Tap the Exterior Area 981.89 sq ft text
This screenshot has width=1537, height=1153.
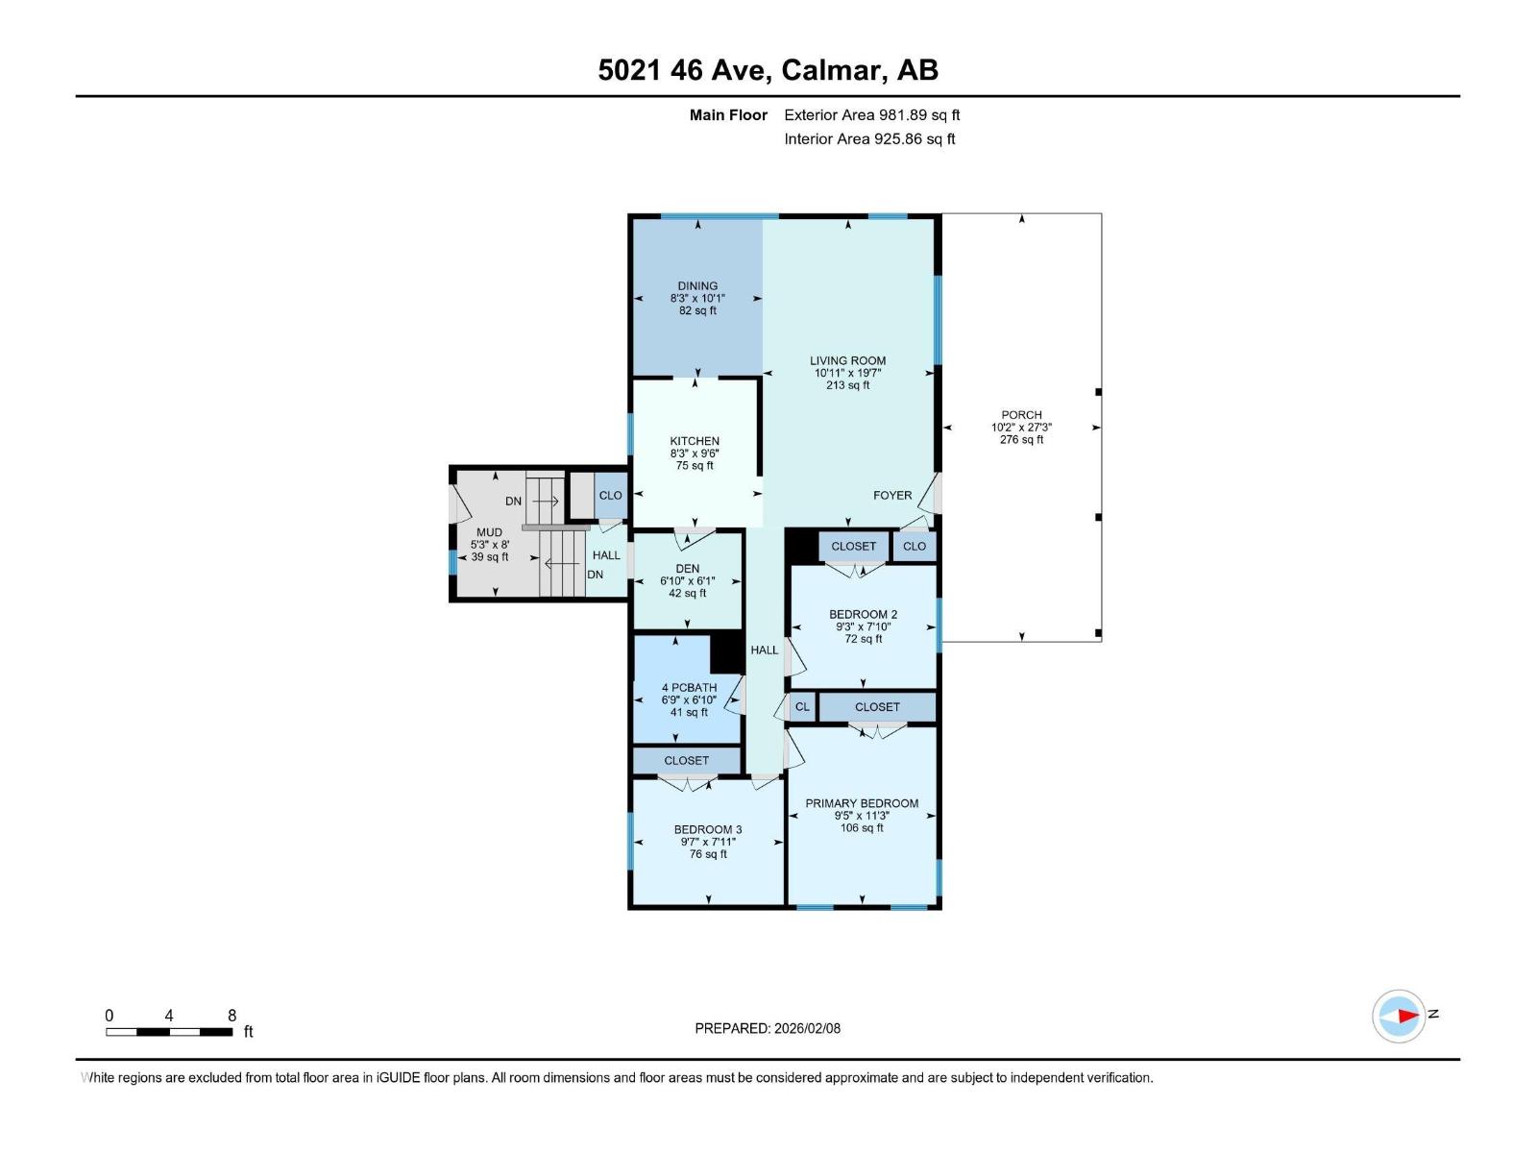pyautogui.click(x=871, y=114)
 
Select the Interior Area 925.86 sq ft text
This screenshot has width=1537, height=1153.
pyautogui.click(x=869, y=138)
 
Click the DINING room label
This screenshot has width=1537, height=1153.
pyautogui.click(x=697, y=285)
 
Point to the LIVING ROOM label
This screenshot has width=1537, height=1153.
pyautogui.click(x=847, y=360)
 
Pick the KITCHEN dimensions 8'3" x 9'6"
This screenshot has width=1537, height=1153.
pyautogui.click(x=695, y=454)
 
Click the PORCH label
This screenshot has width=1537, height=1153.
pyautogui.click(x=1021, y=415)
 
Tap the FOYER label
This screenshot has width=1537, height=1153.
pyautogui.click(x=892, y=495)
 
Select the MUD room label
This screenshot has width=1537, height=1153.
pyautogui.click(x=489, y=532)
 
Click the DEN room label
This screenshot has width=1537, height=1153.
pyautogui.click(x=688, y=569)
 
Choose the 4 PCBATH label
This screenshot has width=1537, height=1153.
pyautogui.click(x=689, y=688)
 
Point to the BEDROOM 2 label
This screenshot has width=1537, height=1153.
pyautogui.click(x=863, y=614)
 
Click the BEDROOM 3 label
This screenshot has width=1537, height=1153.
pyautogui.click(x=708, y=829)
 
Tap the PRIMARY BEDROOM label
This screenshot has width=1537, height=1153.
pyautogui.click(x=862, y=803)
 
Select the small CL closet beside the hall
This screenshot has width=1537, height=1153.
pyautogui.click(x=802, y=707)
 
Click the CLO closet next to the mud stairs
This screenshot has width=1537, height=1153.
pyautogui.click(x=610, y=496)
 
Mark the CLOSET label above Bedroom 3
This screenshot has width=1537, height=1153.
pyautogui.click(x=686, y=760)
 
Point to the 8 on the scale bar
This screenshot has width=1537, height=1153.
pyautogui.click(x=232, y=1016)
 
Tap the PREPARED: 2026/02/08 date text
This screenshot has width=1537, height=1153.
pyautogui.click(x=768, y=1028)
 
